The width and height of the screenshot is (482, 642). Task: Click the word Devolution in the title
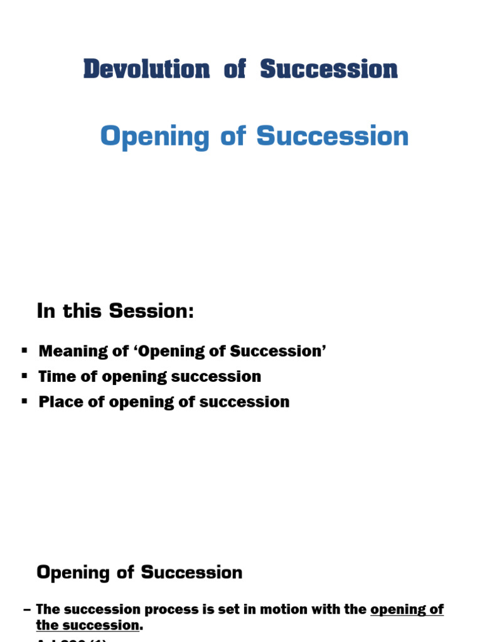point(146,69)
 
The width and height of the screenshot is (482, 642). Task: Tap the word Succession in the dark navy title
point(329,69)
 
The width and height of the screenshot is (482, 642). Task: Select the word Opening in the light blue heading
point(154,137)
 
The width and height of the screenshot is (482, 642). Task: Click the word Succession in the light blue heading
point(333,136)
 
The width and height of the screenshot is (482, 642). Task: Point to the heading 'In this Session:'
point(115,311)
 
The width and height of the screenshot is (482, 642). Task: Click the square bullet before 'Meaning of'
point(25,350)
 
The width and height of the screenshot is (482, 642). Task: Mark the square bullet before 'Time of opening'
point(25,376)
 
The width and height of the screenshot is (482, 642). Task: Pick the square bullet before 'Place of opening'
point(25,401)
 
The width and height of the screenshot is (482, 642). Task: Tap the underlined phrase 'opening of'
point(407,609)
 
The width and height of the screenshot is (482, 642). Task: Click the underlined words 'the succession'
point(87,625)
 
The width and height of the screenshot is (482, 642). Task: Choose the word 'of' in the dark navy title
point(235,69)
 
